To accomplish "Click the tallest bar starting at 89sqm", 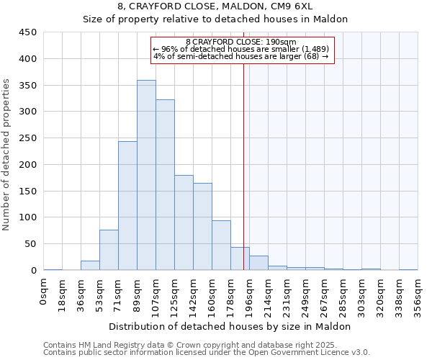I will pos(146,175).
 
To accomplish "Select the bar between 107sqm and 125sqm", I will pos(165,185).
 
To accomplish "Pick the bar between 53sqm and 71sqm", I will pos(109,250).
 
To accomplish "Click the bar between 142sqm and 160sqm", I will pos(202,227).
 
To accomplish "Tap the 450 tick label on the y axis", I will pos(28,32).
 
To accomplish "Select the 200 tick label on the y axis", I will pos(28,164).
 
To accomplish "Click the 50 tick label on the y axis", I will pos(31,243).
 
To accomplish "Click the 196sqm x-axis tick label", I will pos(250,297).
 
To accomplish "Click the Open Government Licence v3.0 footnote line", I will pos(207,352).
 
